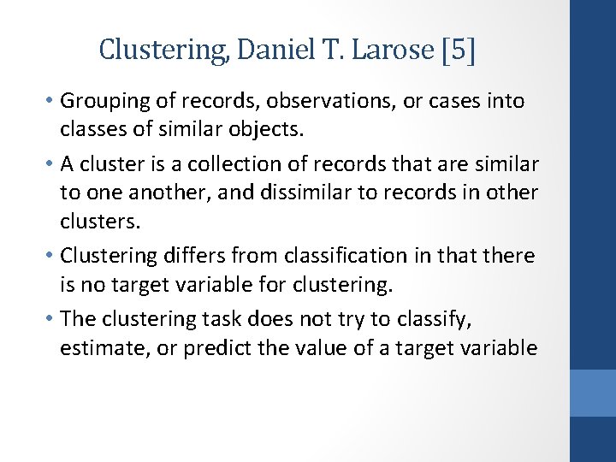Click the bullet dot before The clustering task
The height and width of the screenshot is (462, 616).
pyautogui.click(x=51, y=319)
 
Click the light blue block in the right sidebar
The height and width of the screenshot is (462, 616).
pyautogui.click(x=593, y=393)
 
